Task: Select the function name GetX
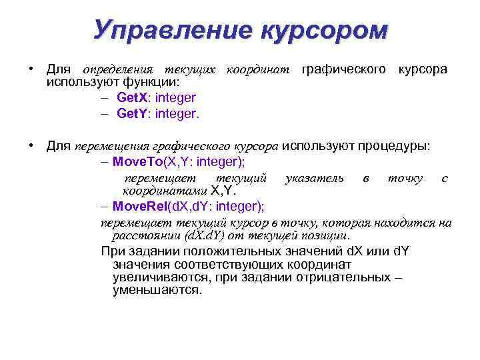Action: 131,98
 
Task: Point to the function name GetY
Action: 131,113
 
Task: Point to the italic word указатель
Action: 314,178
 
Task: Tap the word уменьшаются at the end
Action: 157,290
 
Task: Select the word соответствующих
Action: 216,263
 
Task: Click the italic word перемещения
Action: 111,147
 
